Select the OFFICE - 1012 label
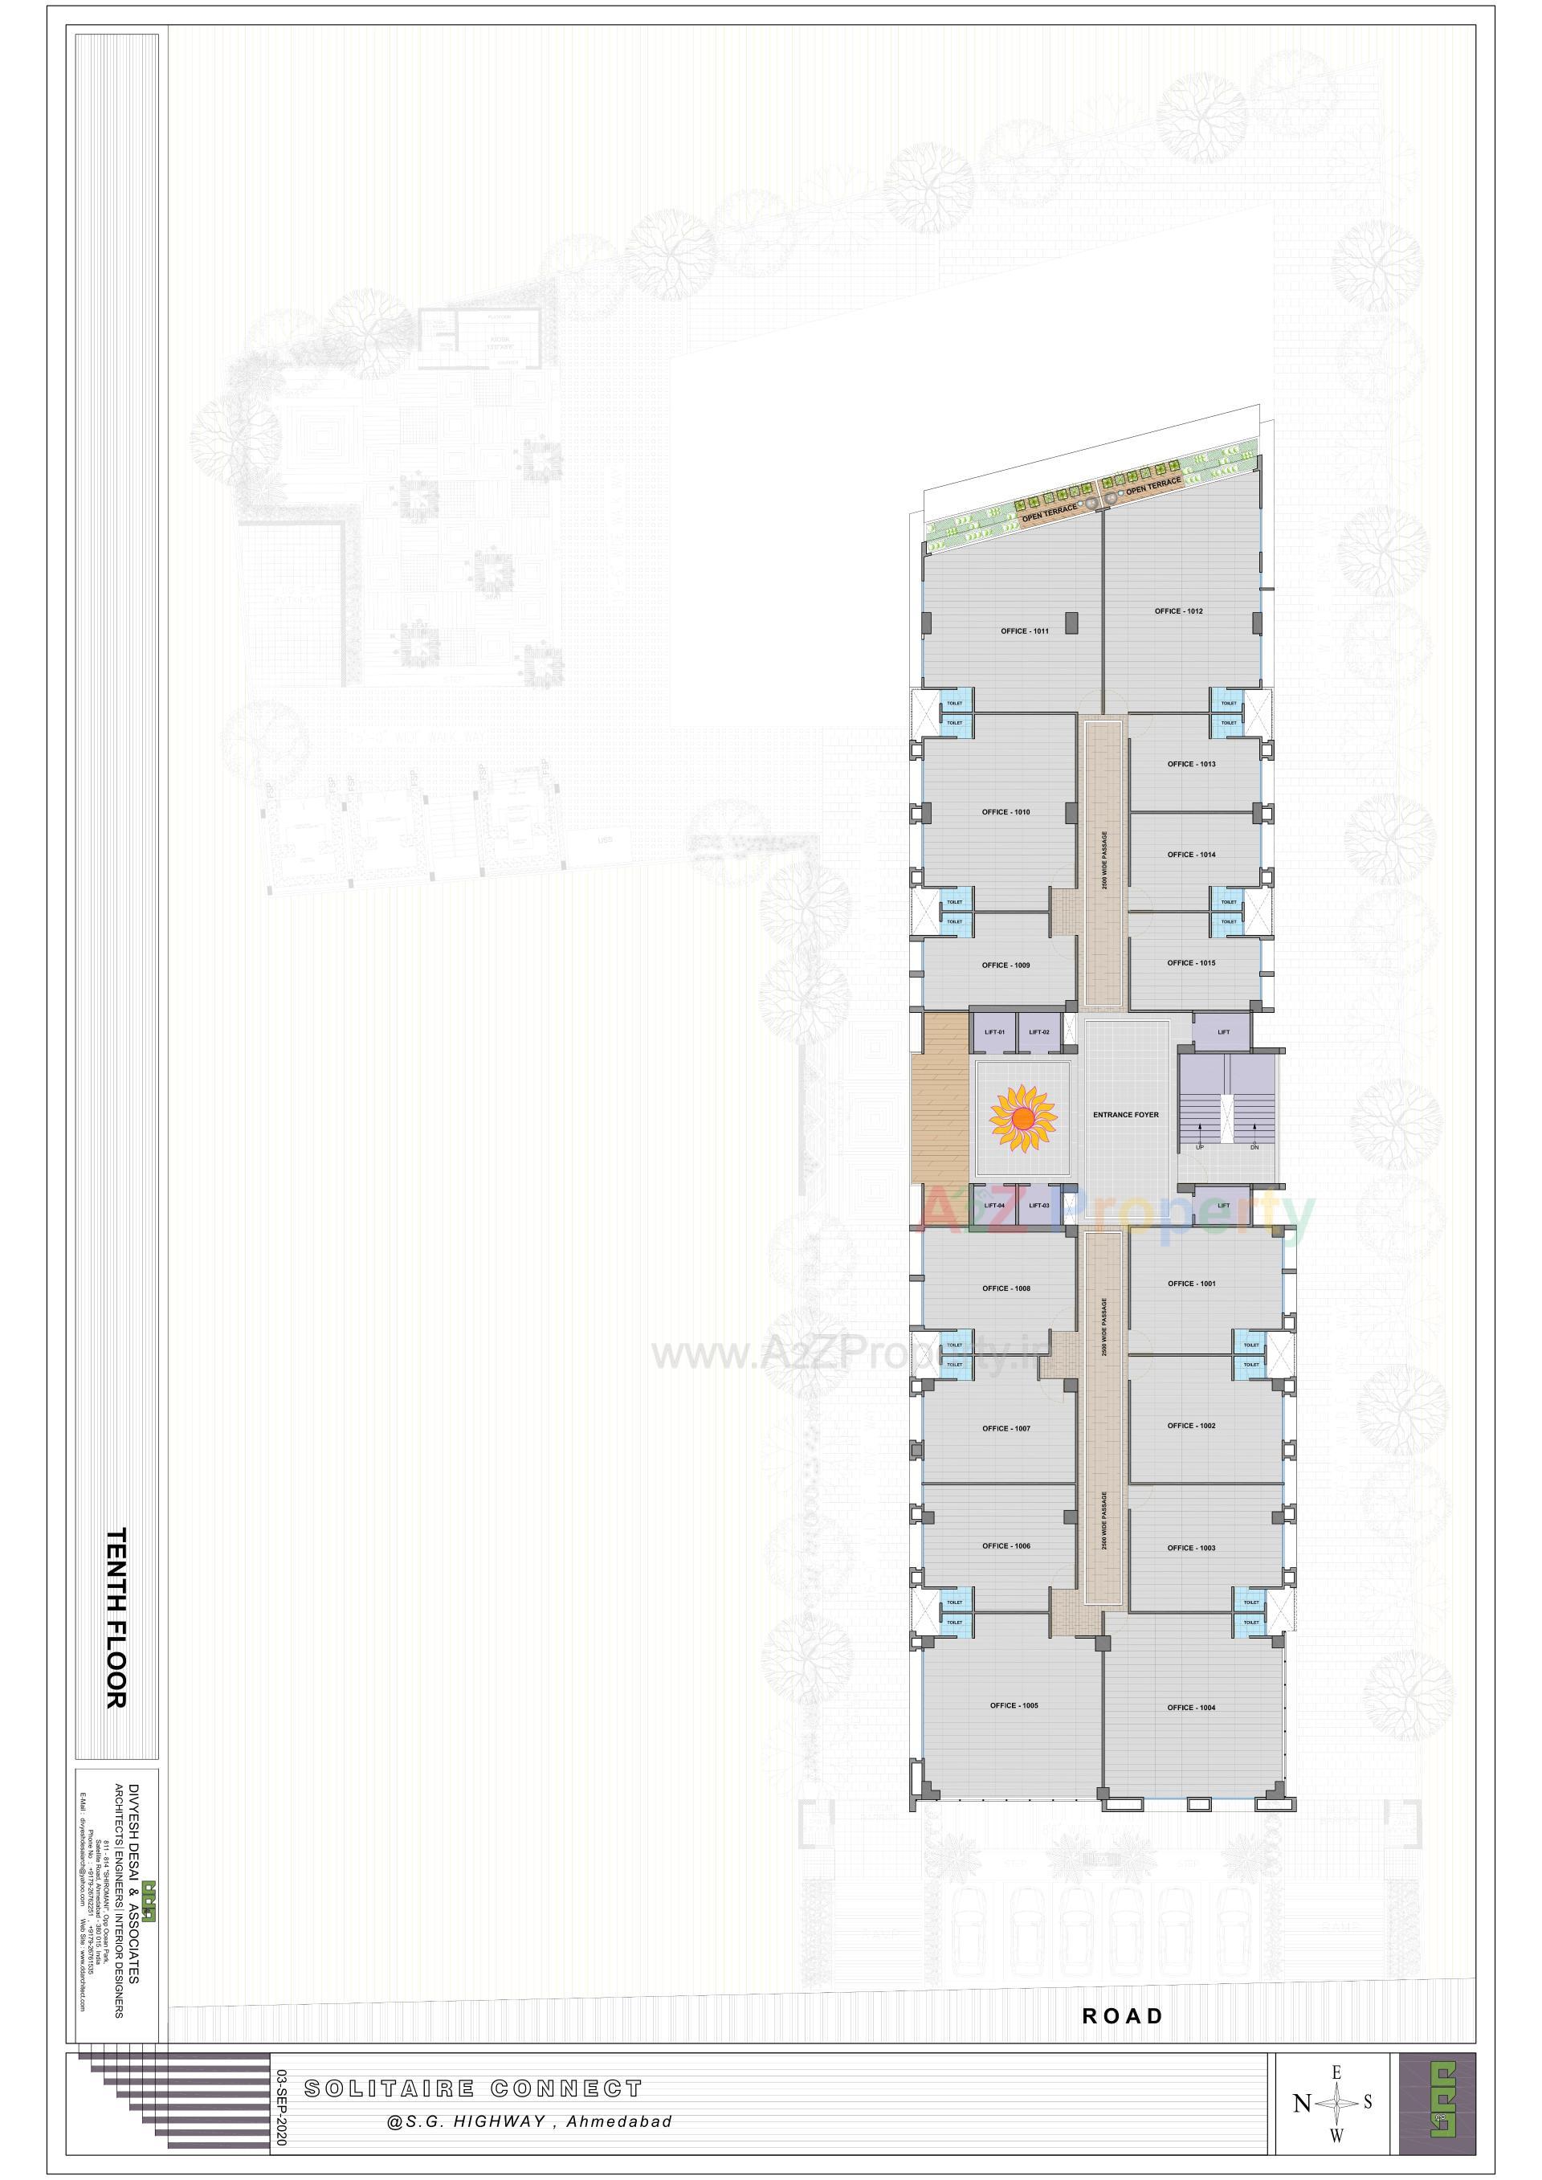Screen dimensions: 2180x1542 1178,610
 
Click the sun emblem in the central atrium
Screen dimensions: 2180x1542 1022,1121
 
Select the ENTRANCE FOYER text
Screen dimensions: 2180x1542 1125,1115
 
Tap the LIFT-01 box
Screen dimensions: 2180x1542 994,1032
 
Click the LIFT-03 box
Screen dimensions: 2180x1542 1038,1206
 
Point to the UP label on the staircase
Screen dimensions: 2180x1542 1199,1147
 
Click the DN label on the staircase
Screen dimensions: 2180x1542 1254,1147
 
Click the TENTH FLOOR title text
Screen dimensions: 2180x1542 115,1618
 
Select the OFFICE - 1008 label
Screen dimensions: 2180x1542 1006,1288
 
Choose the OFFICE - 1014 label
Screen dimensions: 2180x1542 1191,855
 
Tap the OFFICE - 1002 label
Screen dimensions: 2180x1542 1191,1425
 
